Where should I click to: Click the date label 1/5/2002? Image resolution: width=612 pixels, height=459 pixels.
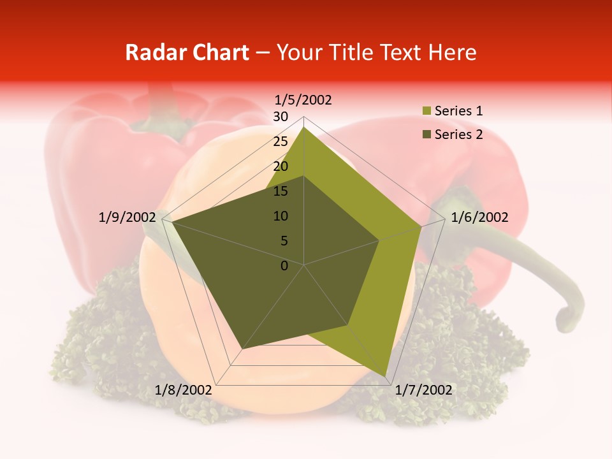pyautogui.click(x=303, y=100)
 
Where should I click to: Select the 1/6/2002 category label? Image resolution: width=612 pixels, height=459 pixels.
pyautogui.click(x=479, y=217)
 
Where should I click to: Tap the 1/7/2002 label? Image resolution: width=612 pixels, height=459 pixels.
pyautogui.click(x=423, y=390)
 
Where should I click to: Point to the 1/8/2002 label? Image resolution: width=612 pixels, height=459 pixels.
pyautogui.click(x=184, y=390)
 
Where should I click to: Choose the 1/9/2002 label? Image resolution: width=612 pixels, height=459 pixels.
pyautogui.click(x=127, y=217)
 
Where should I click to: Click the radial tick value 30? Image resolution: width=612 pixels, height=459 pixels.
pyautogui.click(x=280, y=117)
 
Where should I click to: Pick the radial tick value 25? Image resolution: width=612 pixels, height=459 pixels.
pyautogui.click(x=280, y=142)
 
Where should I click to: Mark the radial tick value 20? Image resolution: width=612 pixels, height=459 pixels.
pyautogui.click(x=280, y=166)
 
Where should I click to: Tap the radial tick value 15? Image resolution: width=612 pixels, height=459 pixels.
pyautogui.click(x=280, y=191)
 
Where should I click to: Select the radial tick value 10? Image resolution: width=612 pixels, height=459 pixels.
pyautogui.click(x=280, y=216)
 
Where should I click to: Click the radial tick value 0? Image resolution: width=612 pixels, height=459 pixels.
pyautogui.click(x=284, y=266)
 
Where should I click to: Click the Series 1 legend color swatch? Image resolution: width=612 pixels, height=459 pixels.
pyautogui.click(x=426, y=112)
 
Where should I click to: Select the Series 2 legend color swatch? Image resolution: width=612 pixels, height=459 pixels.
pyautogui.click(x=426, y=135)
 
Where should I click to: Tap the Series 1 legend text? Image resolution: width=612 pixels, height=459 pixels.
pyautogui.click(x=458, y=111)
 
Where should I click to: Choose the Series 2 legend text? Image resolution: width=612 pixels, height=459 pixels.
pyautogui.click(x=458, y=135)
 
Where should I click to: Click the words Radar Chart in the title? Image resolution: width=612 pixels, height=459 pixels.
pyautogui.click(x=187, y=53)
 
